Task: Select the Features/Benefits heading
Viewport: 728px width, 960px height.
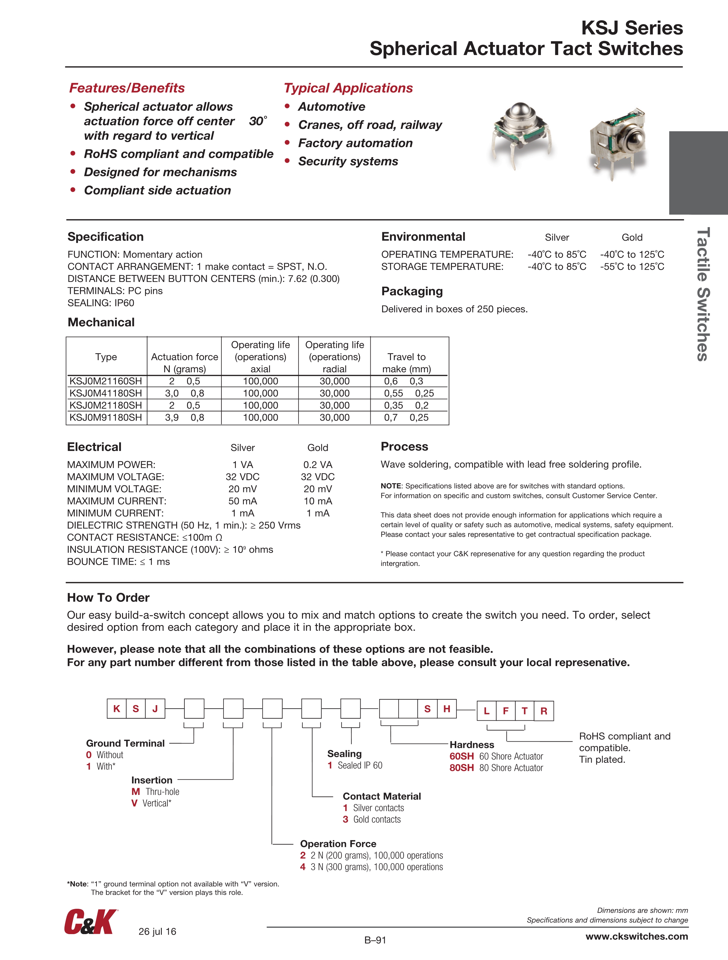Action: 127,88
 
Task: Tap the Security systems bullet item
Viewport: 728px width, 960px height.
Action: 348,162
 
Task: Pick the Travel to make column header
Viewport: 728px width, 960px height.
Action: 407,363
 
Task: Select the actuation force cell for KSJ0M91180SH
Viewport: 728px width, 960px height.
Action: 184,418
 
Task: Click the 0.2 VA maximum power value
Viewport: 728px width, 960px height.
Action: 318,465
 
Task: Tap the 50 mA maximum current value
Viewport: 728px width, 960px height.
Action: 243,501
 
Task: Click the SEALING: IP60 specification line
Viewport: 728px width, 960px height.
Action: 101,303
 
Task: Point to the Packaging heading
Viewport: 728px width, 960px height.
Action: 412,291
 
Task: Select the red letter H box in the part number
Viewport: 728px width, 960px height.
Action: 447,709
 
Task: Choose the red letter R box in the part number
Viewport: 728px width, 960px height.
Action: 544,711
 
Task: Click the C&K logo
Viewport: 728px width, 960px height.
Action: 91,921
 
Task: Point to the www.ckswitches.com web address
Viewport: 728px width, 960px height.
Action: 637,936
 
